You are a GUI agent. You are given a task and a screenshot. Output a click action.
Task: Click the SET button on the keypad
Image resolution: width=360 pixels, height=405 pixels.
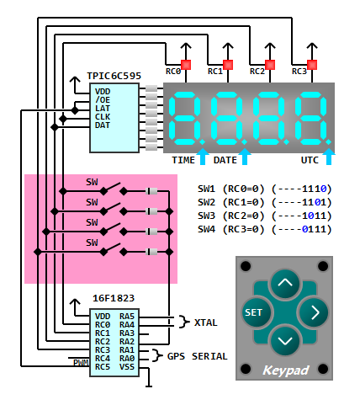pos(257,312)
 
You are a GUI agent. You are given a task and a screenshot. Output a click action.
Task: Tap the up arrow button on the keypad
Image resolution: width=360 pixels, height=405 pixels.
pos(285,284)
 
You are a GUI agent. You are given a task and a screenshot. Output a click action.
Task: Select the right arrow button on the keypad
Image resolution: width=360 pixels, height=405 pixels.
pos(313,312)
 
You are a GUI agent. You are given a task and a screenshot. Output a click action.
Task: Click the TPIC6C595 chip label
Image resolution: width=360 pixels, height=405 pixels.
pos(114,76)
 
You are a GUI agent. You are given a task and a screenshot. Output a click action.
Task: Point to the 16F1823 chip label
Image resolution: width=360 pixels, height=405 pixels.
pos(114,298)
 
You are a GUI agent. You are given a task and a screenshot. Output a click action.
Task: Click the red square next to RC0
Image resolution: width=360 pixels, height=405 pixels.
pos(186,65)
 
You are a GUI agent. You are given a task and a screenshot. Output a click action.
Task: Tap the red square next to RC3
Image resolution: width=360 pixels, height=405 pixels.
pos(312,65)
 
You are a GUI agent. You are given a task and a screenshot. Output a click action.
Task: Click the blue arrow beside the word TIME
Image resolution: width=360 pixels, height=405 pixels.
pos(203,157)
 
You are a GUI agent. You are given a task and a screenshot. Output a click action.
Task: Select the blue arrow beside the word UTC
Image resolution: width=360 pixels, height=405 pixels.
pos(329,157)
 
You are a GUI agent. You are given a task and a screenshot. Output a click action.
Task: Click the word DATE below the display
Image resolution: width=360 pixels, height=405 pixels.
pos(225,160)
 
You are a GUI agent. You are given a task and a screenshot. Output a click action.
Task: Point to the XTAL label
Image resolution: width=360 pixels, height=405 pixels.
pos(206,322)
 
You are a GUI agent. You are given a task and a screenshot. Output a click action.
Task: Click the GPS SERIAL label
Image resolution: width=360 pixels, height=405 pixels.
pos(197,356)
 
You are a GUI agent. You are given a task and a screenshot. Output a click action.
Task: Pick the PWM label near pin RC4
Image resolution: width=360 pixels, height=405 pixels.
pos(81,363)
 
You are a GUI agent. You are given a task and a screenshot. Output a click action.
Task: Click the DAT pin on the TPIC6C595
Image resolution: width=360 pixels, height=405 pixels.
pos(103,125)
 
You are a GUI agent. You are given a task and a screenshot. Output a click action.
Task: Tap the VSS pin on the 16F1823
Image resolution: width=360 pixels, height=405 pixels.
pos(127,367)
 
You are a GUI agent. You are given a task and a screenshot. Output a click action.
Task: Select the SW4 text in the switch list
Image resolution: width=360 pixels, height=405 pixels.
pos(206,229)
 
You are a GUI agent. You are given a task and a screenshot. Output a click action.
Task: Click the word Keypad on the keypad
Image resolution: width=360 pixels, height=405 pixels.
pos(285,370)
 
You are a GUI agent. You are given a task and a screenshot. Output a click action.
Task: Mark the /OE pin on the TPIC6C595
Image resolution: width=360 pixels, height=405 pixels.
pos(103,100)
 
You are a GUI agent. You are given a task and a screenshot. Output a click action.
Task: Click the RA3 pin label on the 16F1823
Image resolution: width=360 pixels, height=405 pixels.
pos(127,333)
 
